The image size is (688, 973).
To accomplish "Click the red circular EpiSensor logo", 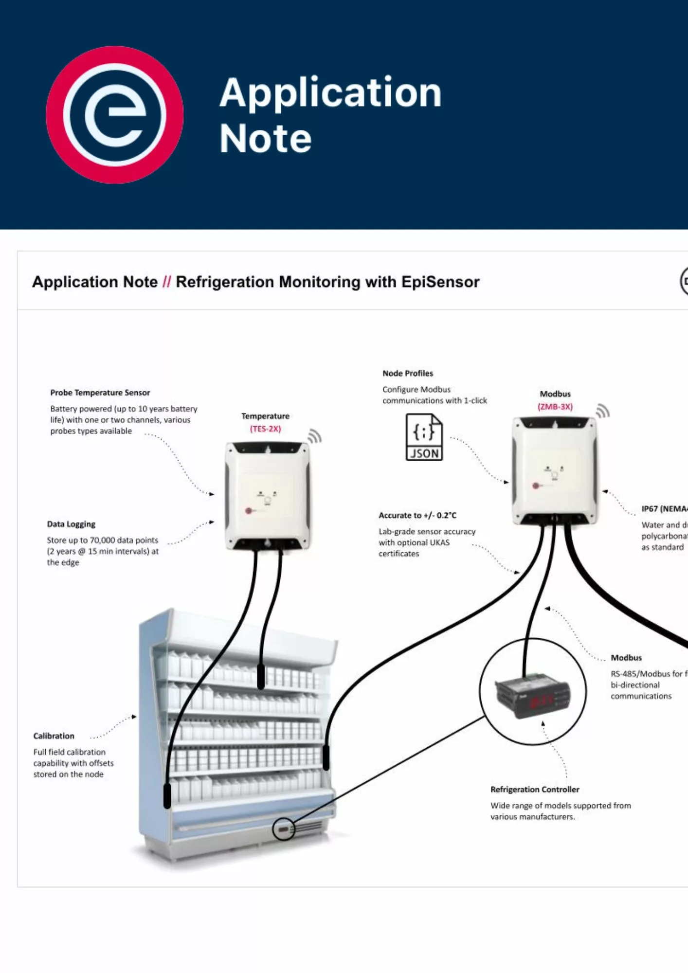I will (x=115, y=115).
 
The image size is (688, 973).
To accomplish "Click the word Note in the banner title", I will (x=265, y=139).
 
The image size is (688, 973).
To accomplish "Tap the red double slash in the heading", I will (x=166, y=282).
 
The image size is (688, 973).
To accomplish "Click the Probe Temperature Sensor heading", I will (x=100, y=393).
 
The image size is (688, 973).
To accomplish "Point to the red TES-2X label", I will (x=265, y=429).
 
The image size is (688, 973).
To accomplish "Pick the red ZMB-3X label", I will (x=555, y=407).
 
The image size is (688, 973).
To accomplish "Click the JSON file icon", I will (x=424, y=437).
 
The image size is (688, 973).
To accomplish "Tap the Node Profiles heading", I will (x=407, y=374).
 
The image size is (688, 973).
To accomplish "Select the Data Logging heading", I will (x=71, y=524).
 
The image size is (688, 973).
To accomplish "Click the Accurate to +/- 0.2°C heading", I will (x=417, y=516).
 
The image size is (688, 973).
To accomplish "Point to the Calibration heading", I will (x=54, y=736).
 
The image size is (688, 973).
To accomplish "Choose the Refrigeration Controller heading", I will (x=535, y=790).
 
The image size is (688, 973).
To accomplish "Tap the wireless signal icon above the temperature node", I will (x=315, y=436).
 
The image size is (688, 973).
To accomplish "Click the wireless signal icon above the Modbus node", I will (x=602, y=411).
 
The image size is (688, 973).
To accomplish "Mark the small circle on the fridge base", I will (x=283, y=829).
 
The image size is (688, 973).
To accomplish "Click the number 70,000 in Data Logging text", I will (x=102, y=541).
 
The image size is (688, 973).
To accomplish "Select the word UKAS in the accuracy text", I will (x=439, y=543).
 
